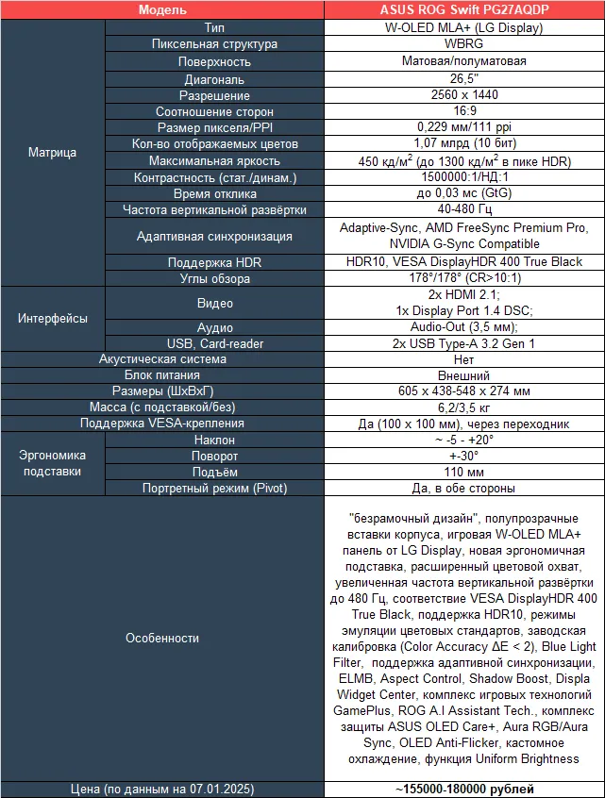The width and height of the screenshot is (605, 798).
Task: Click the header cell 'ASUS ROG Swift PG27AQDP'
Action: tap(464, 9)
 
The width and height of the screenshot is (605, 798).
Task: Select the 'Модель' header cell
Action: tap(161, 9)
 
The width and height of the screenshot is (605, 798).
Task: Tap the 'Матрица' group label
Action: tap(53, 152)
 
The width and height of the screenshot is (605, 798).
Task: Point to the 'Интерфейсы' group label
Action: tap(53, 319)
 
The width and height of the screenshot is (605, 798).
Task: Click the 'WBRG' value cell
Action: tap(464, 44)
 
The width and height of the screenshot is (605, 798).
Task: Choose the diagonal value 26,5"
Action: tap(464, 79)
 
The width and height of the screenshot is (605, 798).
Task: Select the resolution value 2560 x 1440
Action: tap(464, 96)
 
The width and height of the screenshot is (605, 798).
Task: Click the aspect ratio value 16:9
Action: tap(464, 112)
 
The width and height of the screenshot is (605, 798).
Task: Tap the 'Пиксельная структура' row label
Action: tap(214, 44)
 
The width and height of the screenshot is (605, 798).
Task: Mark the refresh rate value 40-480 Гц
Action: tap(464, 209)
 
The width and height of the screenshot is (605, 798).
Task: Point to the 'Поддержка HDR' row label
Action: tap(214, 262)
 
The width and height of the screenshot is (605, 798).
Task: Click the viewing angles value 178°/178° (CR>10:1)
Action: tap(464, 279)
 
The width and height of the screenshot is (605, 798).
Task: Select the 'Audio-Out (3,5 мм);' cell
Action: tap(464, 326)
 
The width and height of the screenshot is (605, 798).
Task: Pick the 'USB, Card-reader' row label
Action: tap(214, 344)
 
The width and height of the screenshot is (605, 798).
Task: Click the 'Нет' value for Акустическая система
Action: tap(464, 359)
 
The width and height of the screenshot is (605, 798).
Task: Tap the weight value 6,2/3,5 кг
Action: tap(464, 407)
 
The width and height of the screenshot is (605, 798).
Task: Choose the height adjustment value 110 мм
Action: tap(464, 472)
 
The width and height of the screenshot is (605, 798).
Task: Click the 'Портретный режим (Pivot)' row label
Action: tap(214, 489)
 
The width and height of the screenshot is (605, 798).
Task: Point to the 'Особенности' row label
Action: tap(161, 639)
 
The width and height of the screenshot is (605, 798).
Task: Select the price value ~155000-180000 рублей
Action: tap(464, 789)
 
